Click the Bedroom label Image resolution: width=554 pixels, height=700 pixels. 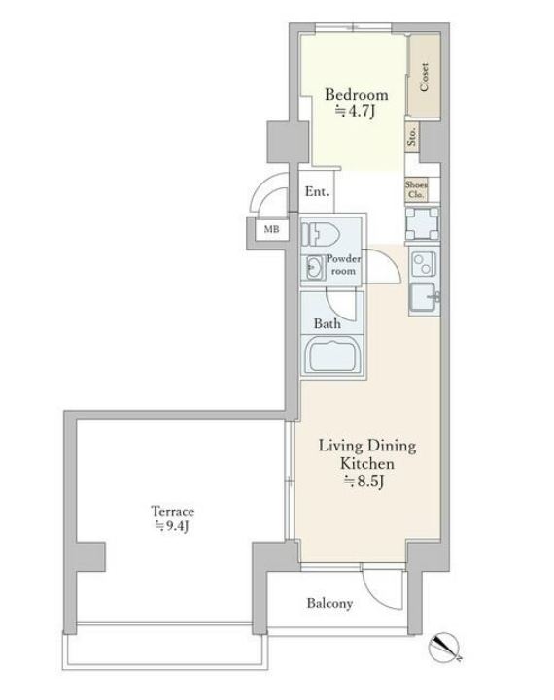(x=356, y=95)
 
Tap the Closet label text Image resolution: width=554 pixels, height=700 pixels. (x=425, y=77)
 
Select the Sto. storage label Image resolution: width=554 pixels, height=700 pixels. (x=412, y=136)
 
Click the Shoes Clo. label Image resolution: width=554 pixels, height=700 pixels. (x=416, y=189)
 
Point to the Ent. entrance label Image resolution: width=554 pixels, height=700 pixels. (x=317, y=192)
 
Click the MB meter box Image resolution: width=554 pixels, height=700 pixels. (x=271, y=229)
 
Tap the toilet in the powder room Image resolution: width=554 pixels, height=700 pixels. (x=321, y=233)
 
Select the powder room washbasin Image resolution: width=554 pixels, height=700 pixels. (x=315, y=267)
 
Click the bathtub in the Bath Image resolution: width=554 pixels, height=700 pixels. (x=332, y=356)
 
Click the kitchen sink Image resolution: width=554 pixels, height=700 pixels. (x=423, y=297)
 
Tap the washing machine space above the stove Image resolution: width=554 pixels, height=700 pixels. (x=422, y=223)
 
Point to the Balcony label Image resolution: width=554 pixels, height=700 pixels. (x=329, y=603)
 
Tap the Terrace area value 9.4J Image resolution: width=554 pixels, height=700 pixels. (x=172, y=526)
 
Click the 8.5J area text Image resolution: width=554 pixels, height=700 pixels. (x=364, y=482)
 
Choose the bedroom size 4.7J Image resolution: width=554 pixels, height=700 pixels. (x=355, y=111)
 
